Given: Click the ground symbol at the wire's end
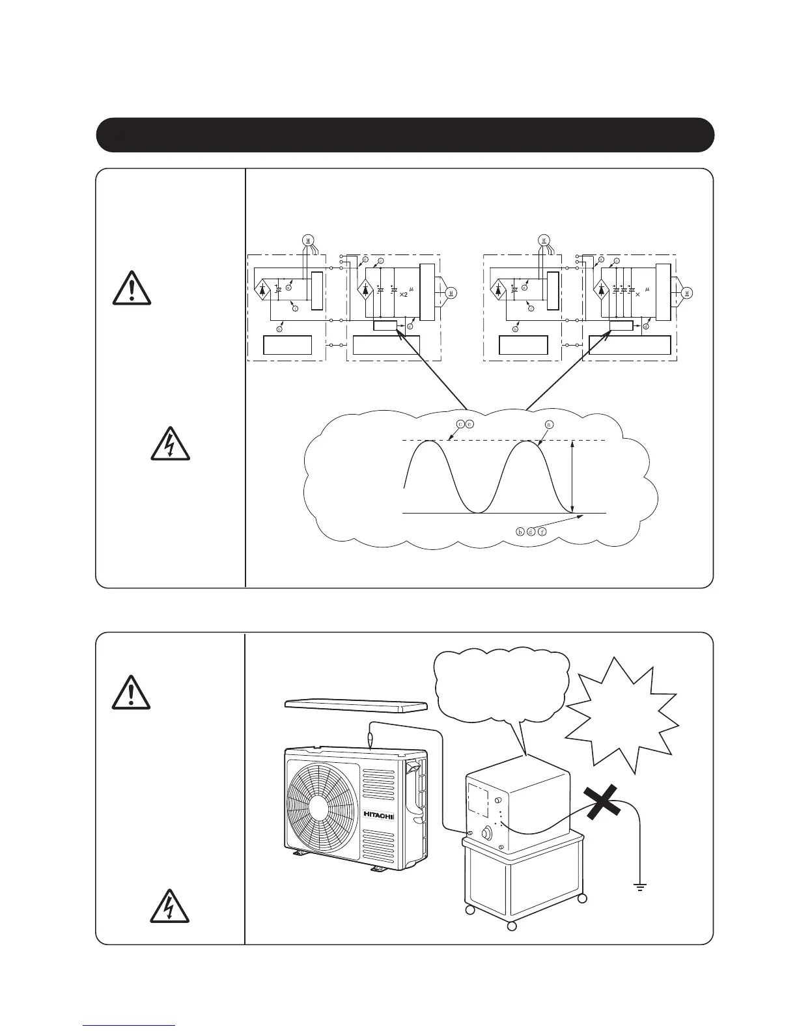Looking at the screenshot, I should pyautogui.click(x=641, y=887).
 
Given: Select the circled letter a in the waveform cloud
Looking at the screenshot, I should pyautogui.click(x=548, y=424).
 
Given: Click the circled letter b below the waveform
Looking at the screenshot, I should pyautogui.click(x=520, y=531).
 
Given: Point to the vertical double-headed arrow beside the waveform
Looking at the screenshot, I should pyautogui.click(x=571, y=477).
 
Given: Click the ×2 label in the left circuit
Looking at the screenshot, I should pyautogui.click(x=404, y=294).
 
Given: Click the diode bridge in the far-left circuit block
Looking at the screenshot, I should pyautogui.click(x=262, y=290).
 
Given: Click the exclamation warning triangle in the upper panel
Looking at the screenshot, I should pyautogui.click(x=132, y=289).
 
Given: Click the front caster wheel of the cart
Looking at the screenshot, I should pyautogui.click(x=512, y=926).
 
